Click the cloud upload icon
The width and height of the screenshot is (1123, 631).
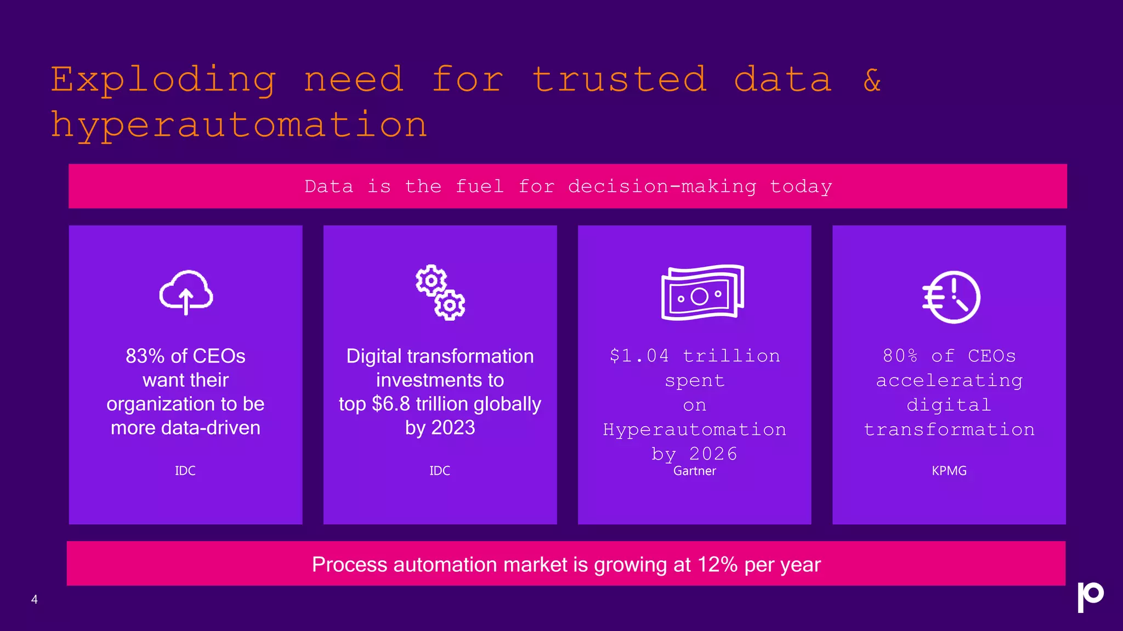coord(186,292)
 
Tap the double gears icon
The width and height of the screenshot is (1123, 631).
coord(440,292)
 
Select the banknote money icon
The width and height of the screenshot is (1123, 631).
coord(702,292)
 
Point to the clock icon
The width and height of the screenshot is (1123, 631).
coord(951,297)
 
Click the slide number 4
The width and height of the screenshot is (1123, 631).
coord(35,600)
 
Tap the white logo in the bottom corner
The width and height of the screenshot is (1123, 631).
coord(1090,597)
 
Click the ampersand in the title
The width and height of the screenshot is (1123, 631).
coord(872,79)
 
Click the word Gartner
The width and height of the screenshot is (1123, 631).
coord(694,471)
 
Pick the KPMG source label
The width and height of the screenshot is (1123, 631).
coord(949,471)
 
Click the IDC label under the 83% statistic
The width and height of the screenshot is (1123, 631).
coord(185,471)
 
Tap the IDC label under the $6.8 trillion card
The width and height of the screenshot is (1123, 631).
coord(440,471)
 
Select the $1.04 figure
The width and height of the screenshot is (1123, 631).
coord(639,356)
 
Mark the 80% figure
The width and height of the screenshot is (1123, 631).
coord(900,356)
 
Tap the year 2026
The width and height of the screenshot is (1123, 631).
coord(713,454)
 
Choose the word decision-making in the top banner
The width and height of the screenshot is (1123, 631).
coord(662,187)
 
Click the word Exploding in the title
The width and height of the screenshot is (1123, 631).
coord(163,79)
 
